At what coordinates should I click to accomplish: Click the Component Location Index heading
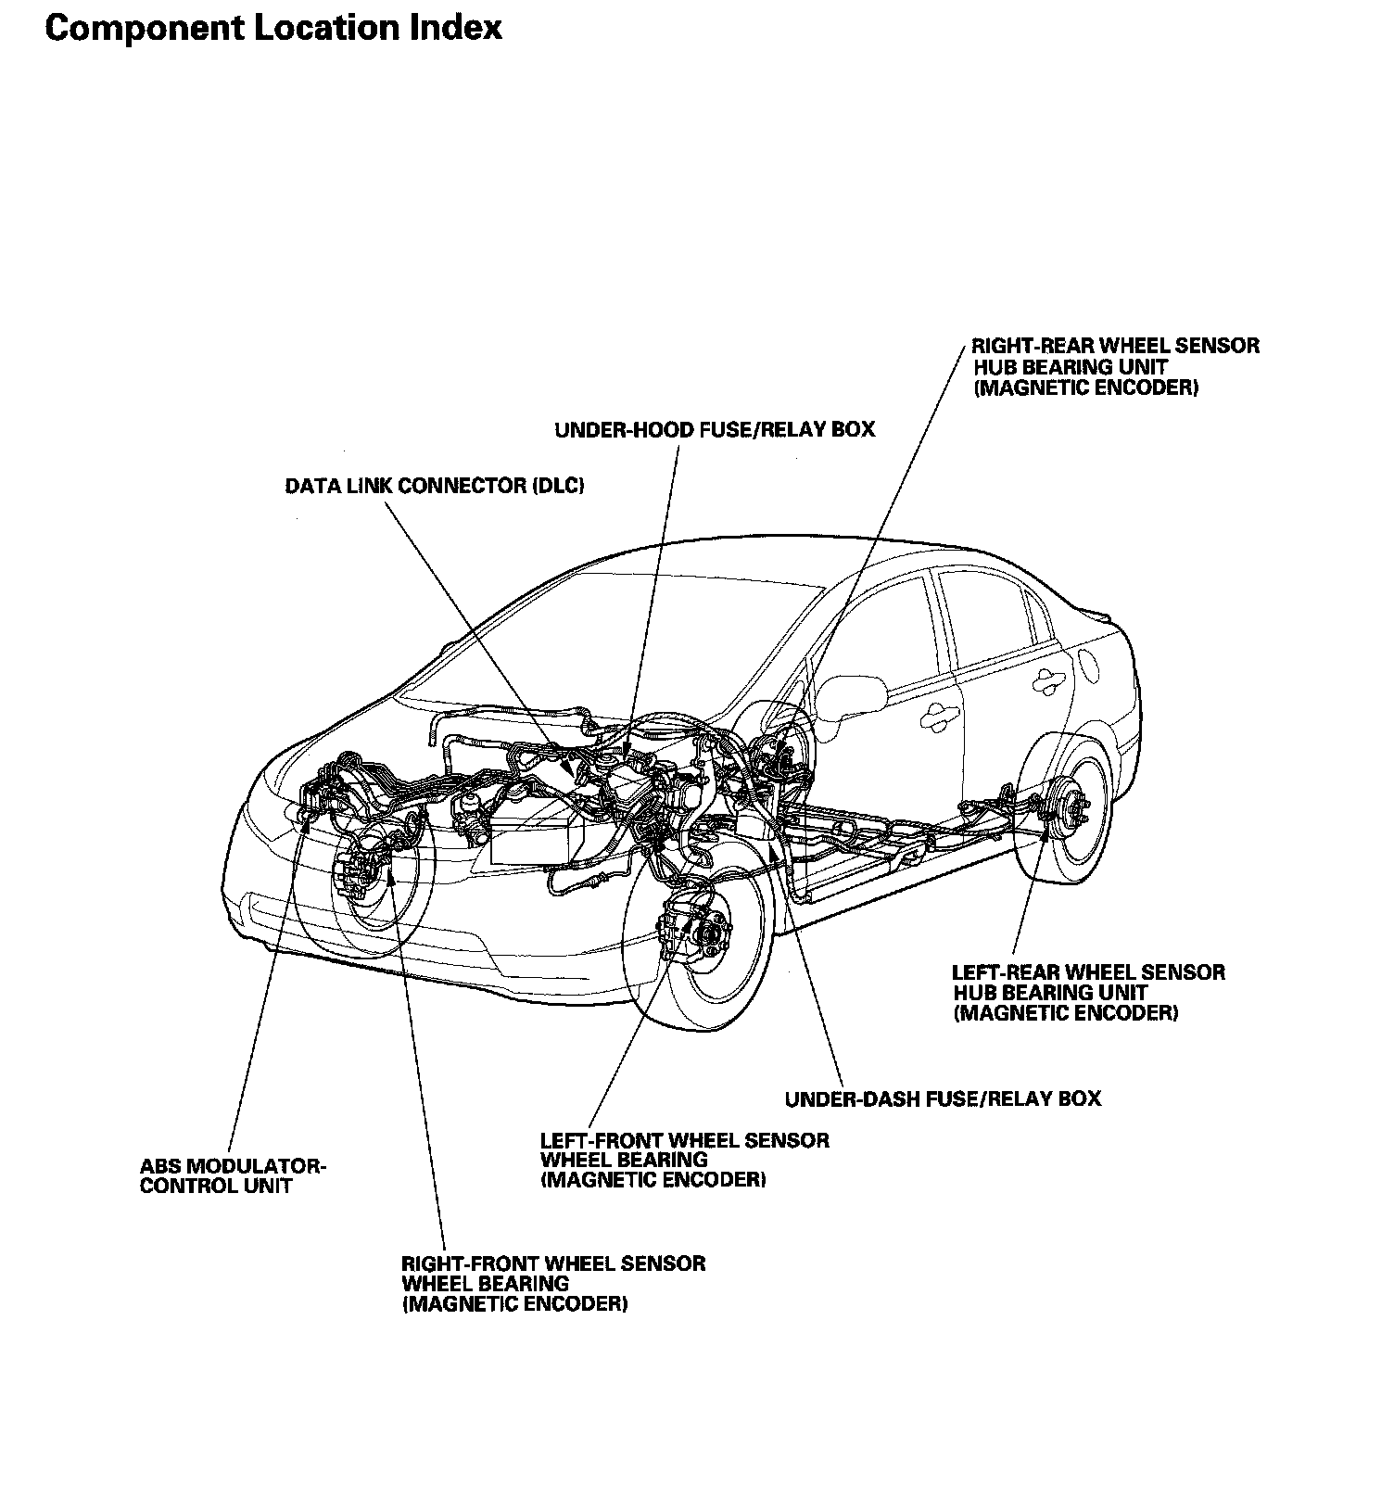point(273,28)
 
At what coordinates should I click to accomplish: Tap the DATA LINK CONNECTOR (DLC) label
point(434,486)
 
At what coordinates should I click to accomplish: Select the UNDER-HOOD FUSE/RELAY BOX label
point(714,429)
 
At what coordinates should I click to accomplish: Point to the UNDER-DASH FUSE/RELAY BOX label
point(943,1098)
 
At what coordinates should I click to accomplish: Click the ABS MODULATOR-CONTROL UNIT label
point(233,1175)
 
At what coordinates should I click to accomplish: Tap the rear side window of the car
point(996,616)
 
